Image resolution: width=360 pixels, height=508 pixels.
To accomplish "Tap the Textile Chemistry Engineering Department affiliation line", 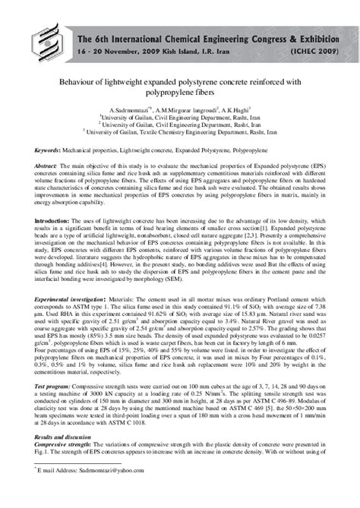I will [x=181, y=131].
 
